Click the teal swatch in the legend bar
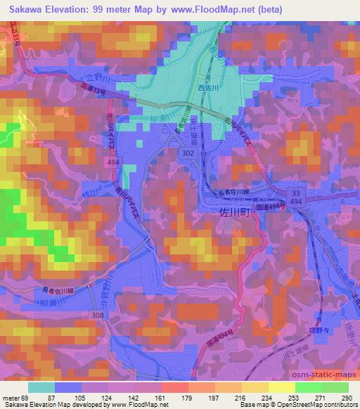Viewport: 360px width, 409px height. tap(41, 387)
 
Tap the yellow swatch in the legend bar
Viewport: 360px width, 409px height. tap(281, 387)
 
